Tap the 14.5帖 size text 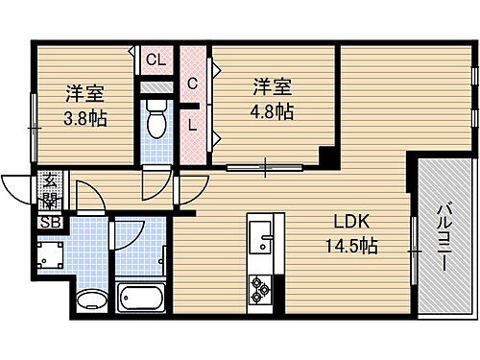[350, 246]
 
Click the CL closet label [155, 60]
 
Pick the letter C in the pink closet [192, 84]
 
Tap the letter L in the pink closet [192, 123]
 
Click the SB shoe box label [47, 224]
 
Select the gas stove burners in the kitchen [261, 286]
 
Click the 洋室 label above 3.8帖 [84, 94]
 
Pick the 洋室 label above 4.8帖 [272, 85]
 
